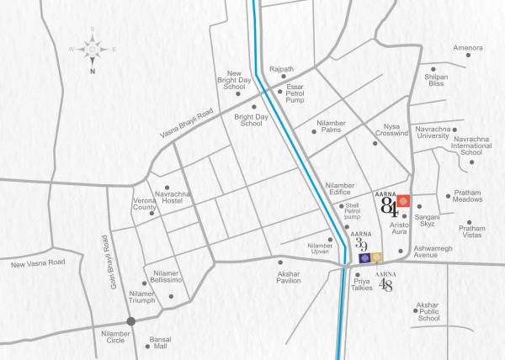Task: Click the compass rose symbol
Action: click(x=90, y=49)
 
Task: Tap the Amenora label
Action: click(x=468, y=48)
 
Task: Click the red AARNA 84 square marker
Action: click(x=404, y=202)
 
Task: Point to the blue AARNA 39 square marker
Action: click(x=364, y=259)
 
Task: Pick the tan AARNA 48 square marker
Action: click(x=378, y=257)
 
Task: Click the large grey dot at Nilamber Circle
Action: click(x=130, y=321)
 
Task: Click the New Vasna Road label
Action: click(x=37, y=264)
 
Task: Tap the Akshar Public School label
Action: click(x=428, y=314)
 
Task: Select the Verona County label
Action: click(x=145, y=204)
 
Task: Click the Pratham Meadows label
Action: click(x=467, y=196)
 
